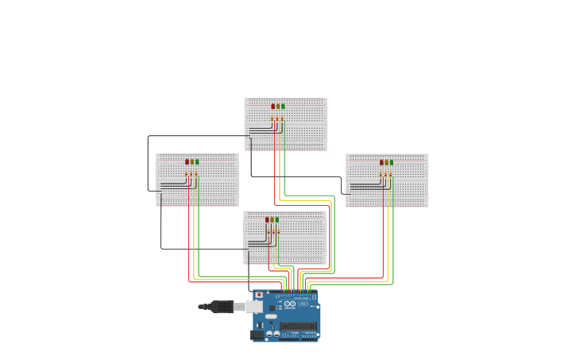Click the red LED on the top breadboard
(x=273, y=106)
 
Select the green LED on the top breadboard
(x=283, y=106)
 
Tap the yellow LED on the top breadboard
(x=278, y=106)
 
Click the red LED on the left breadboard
(x=187, y=161)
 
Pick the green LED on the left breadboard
(x=197, y=161)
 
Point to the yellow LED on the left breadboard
(x=192, y=161)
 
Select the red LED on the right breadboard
(x=382, y=162)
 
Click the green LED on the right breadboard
(x=392, y=162)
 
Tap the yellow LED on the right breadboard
(x=387, y=162)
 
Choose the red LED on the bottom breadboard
(x=268, y=219)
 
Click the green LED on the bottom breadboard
(x=277, y=219)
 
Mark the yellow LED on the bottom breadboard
(x=273, y=219)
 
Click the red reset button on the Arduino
(x=259, y=295)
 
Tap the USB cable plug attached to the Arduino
(x=225, y=307)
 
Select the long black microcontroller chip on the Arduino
(x=298, y=326)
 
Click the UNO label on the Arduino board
(x=303, y=304)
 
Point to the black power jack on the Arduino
(x=257, y=335)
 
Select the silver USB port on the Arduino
(x=255, y=307)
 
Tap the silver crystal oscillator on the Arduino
(x=271, y=316)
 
